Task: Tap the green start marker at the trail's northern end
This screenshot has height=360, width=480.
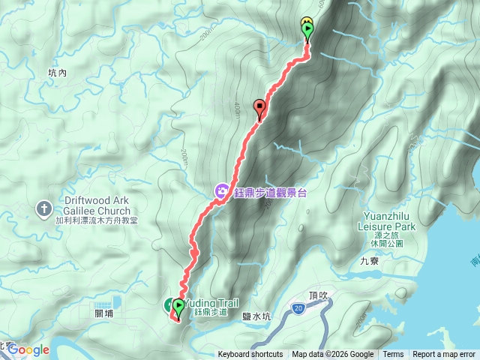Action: click(x=307, y=30)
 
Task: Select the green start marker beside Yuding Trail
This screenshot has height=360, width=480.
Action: click(x=178, y=307)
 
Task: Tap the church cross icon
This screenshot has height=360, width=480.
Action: click(x=44, y=207)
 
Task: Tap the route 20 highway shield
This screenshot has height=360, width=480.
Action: click(x=298, y=307)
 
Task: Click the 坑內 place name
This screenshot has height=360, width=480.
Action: click(x=57, y=73)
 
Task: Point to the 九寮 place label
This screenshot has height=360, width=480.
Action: click(x=370, y=262)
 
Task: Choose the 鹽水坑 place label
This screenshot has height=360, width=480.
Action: click(x=256, y=317)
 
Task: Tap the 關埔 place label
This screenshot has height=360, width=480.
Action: click(x=105, y=313)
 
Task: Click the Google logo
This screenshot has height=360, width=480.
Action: click(x=28, y=349)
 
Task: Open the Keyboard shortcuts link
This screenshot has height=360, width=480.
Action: click(x=250, y=355)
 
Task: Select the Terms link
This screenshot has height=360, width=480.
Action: click(x=393, y=355)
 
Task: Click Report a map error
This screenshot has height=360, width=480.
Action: click(x=444, y=355)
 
